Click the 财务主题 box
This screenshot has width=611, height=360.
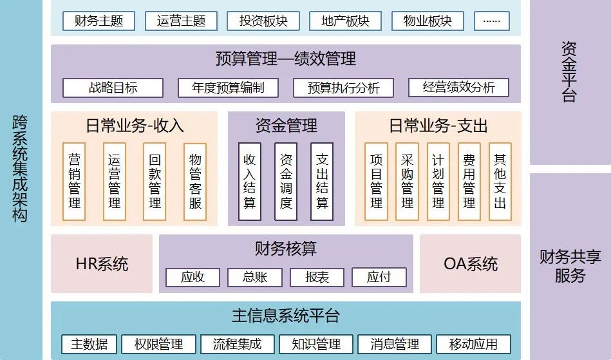click(x=99, y=21)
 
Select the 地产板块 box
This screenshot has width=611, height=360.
click(x=346, y=21)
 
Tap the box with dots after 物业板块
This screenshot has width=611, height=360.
click(x=491, y=21)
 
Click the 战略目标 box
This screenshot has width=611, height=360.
click(x=113, y=88)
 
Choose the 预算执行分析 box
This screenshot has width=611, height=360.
click(x=343, y=88)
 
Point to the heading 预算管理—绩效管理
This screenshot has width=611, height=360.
click(x=285, y=60)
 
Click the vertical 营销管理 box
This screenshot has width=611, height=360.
click(x=75, y=181)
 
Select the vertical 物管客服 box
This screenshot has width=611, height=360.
click(x=195, y=181)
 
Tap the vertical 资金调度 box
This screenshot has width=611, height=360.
click(x=286, y=181)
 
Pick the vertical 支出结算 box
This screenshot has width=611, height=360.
click(x=322, y=181)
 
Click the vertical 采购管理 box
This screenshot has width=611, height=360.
click(x=407, y=181)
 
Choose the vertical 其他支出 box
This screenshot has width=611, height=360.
click(x=500, y=181)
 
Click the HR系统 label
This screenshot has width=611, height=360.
click(x=102, y=263)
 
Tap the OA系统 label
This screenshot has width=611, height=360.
click(x=471, y=263)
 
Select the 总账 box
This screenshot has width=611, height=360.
click(x=254, y=278)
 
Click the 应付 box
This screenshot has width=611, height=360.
click(x=379, y=278)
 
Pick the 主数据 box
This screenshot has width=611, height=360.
click(x=89, y=344)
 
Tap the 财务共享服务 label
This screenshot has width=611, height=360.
click(x=570, y=267)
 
